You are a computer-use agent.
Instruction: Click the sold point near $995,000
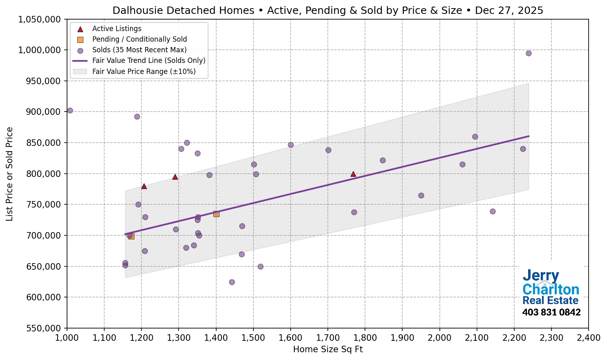pos(529,53)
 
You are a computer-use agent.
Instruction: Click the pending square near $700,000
pos(131,236)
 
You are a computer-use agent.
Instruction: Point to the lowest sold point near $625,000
pos(232,282)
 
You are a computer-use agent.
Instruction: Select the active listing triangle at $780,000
pos(144,186)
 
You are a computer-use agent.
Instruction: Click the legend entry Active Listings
pos(116,29)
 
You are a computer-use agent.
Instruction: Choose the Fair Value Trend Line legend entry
pos(148,60)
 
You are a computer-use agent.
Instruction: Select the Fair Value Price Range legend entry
pos(143,72)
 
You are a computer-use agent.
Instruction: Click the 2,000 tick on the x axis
pos(439,338)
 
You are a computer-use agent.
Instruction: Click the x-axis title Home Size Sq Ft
pos(328,349)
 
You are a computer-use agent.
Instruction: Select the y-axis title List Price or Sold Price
pos(9,174)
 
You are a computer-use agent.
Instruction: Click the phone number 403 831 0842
pos(551,313)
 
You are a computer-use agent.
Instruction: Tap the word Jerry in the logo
pos(540,276)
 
